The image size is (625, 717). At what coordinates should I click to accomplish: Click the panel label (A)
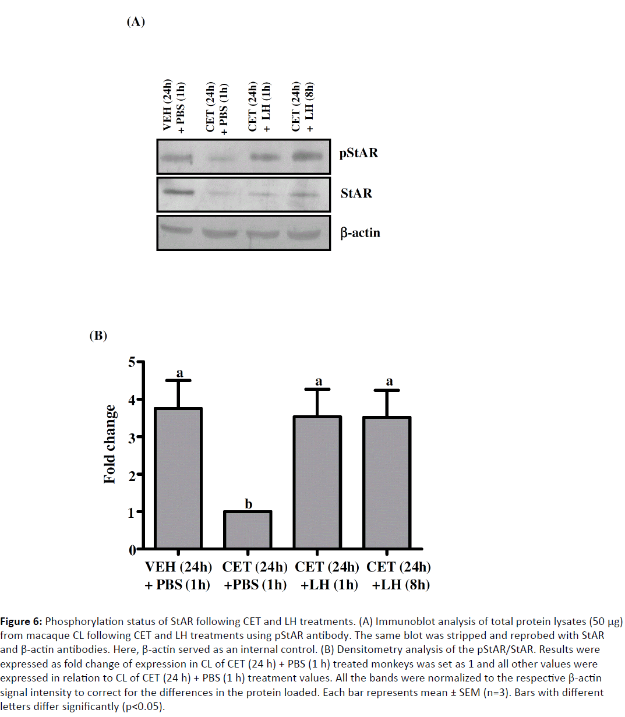[136, 22]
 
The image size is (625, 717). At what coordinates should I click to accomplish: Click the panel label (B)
[98, 335]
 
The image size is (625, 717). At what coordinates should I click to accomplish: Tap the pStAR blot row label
[359, 153]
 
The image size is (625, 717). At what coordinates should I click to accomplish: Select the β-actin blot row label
[360, 233]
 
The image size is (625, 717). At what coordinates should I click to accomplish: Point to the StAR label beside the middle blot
[356, 193]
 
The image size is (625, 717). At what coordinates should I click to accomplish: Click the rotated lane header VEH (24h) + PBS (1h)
[174, 108]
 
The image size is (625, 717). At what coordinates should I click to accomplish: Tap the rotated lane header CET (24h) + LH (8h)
[303, 108]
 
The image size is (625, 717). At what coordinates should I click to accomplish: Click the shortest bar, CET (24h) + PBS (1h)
[248, 530]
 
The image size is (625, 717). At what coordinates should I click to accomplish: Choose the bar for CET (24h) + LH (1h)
[318, 482]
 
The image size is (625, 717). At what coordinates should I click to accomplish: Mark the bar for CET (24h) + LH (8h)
[387, 483]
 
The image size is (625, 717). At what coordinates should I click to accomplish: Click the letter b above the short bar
[249, 504]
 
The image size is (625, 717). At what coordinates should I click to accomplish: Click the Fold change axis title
[110, 444]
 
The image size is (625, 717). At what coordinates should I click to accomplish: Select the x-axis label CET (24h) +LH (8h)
[399, 575]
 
